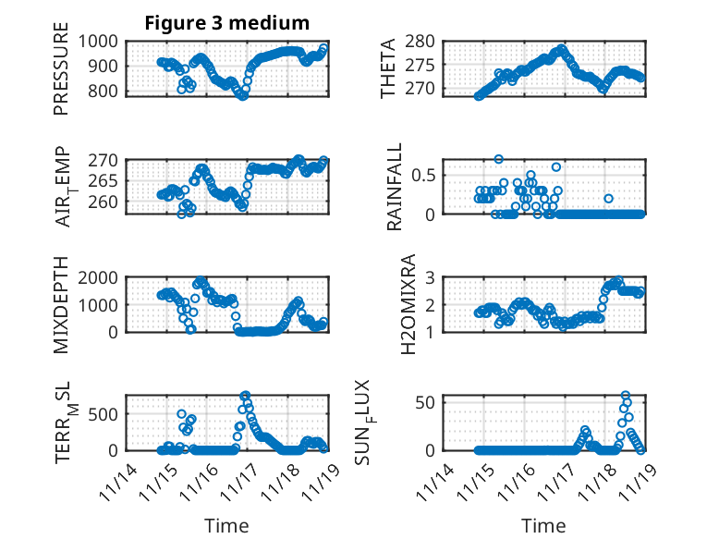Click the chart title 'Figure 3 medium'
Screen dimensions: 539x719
pos(226,23)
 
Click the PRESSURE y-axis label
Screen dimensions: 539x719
pos(62,75)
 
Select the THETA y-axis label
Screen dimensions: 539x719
pos(389,67)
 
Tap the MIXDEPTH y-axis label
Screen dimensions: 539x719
pos(62,305)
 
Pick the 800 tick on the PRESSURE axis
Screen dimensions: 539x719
pos(104,91)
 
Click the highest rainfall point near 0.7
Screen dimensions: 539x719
pos(498,159)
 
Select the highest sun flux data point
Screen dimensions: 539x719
pos(626,396)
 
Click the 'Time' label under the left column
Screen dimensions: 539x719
pos(226,525)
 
